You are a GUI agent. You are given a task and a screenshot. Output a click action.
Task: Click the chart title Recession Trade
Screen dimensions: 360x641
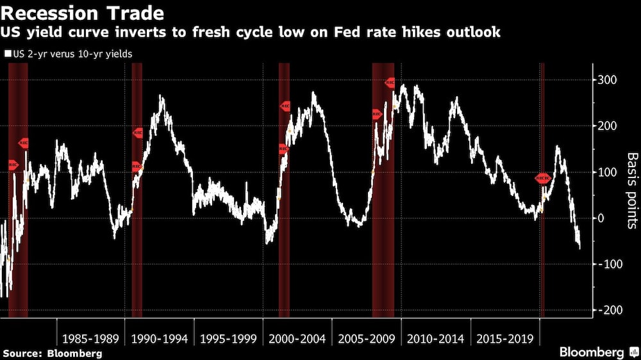pos(83,13)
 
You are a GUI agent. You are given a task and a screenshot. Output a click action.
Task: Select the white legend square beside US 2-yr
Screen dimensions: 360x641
pos(8,54)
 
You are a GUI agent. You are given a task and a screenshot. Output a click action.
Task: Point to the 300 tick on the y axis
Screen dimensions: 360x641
pos(607,80)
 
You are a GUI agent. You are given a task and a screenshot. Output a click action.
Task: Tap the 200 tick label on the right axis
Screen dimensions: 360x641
pos(607,126)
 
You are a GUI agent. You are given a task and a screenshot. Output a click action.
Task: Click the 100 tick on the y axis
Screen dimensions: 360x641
pos(607,172)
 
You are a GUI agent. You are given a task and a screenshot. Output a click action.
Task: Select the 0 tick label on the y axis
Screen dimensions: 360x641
pos(601,218)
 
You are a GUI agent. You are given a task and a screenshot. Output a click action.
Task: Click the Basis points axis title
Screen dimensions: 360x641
pos(632,191)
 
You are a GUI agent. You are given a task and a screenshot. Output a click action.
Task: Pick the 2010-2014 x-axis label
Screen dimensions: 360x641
pos(435,339)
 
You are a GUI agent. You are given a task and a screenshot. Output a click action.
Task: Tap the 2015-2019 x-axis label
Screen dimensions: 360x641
pos(504,339)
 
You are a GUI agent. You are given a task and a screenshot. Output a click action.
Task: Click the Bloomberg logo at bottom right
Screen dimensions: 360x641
pos(596,352)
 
